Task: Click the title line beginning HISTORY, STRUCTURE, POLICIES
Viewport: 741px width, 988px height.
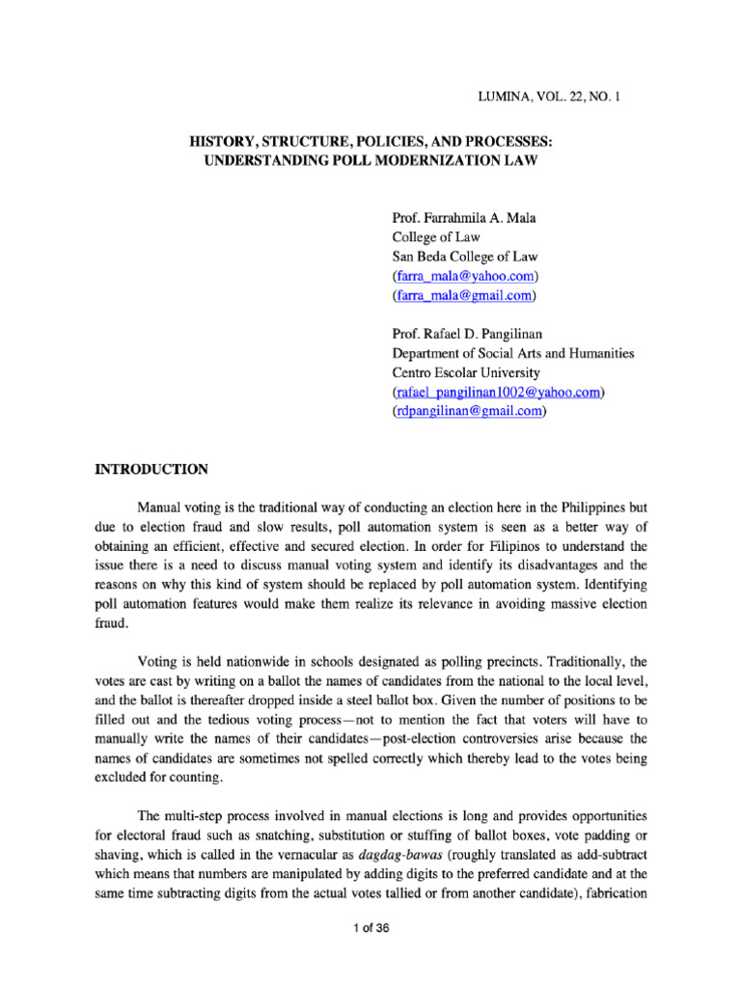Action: point(370,141)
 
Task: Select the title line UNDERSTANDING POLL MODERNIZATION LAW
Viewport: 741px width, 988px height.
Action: point(370,160)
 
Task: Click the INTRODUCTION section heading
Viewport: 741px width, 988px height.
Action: point(150,470)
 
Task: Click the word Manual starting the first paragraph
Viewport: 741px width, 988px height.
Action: point(161,508)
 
